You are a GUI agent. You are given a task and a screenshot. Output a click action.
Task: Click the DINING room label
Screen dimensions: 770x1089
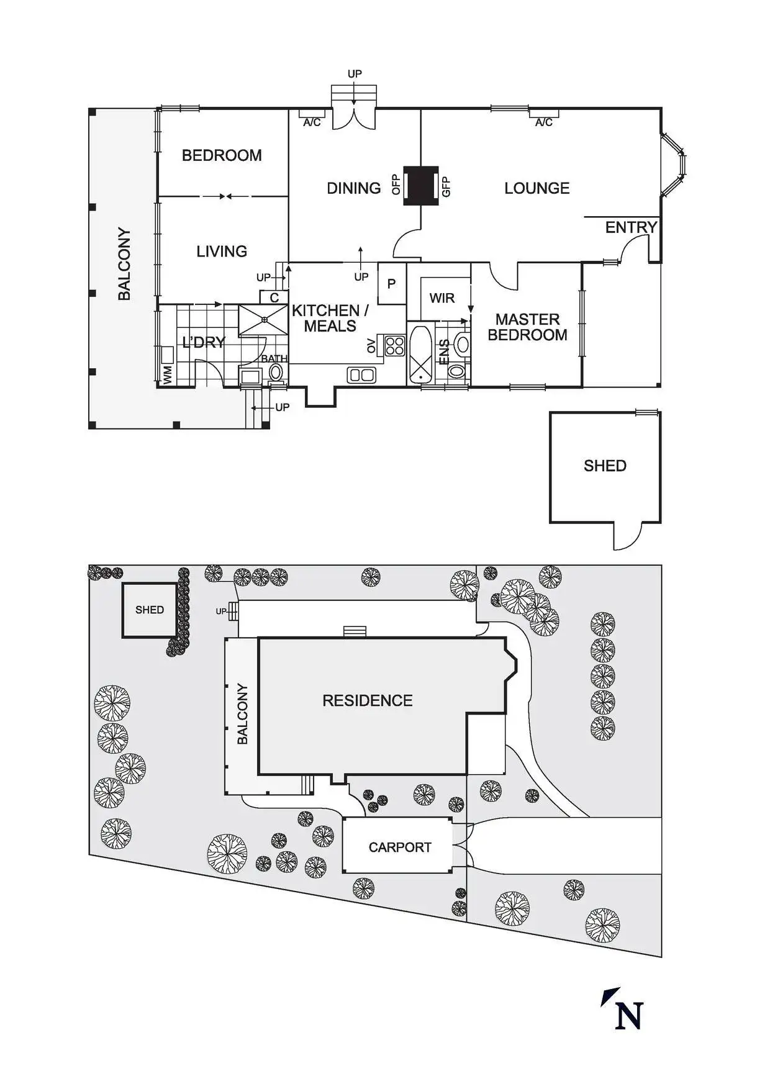(353, 188)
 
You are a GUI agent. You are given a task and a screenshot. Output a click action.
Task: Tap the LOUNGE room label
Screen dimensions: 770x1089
(537, 188)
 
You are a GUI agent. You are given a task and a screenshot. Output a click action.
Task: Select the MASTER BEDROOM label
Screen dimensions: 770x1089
(527, 327)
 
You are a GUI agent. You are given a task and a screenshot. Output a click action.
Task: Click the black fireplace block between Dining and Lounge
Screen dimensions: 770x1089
(420, 186)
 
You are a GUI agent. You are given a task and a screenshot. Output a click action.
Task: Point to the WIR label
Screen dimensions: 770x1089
(442, 298)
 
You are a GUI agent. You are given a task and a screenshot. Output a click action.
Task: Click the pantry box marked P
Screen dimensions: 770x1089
(392, 284)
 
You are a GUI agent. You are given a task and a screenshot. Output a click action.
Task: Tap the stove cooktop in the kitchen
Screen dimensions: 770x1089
(394, 345)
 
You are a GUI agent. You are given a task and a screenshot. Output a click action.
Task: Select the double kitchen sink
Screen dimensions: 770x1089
(361, 375)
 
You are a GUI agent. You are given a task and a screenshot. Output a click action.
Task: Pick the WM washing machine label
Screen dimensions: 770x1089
(167, 374)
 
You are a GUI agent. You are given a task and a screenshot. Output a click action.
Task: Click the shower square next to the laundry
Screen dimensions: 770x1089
(264, 320)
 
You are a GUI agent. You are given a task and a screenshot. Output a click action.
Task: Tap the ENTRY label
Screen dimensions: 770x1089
(631, 227)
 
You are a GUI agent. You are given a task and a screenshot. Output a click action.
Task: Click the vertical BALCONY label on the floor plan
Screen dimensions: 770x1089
(125, 264)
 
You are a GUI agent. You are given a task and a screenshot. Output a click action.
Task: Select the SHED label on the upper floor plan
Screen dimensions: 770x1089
(605, 466)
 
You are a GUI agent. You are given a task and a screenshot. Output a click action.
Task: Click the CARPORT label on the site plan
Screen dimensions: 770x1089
(399, 847)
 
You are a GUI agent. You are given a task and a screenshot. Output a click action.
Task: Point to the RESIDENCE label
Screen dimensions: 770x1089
(367, 701)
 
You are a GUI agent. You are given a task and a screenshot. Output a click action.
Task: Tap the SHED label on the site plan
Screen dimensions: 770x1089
(150, 610)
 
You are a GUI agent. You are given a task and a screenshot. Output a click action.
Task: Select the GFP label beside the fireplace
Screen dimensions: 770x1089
(445, 186)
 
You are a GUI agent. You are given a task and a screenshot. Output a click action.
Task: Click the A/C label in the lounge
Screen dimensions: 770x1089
(543, 122)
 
